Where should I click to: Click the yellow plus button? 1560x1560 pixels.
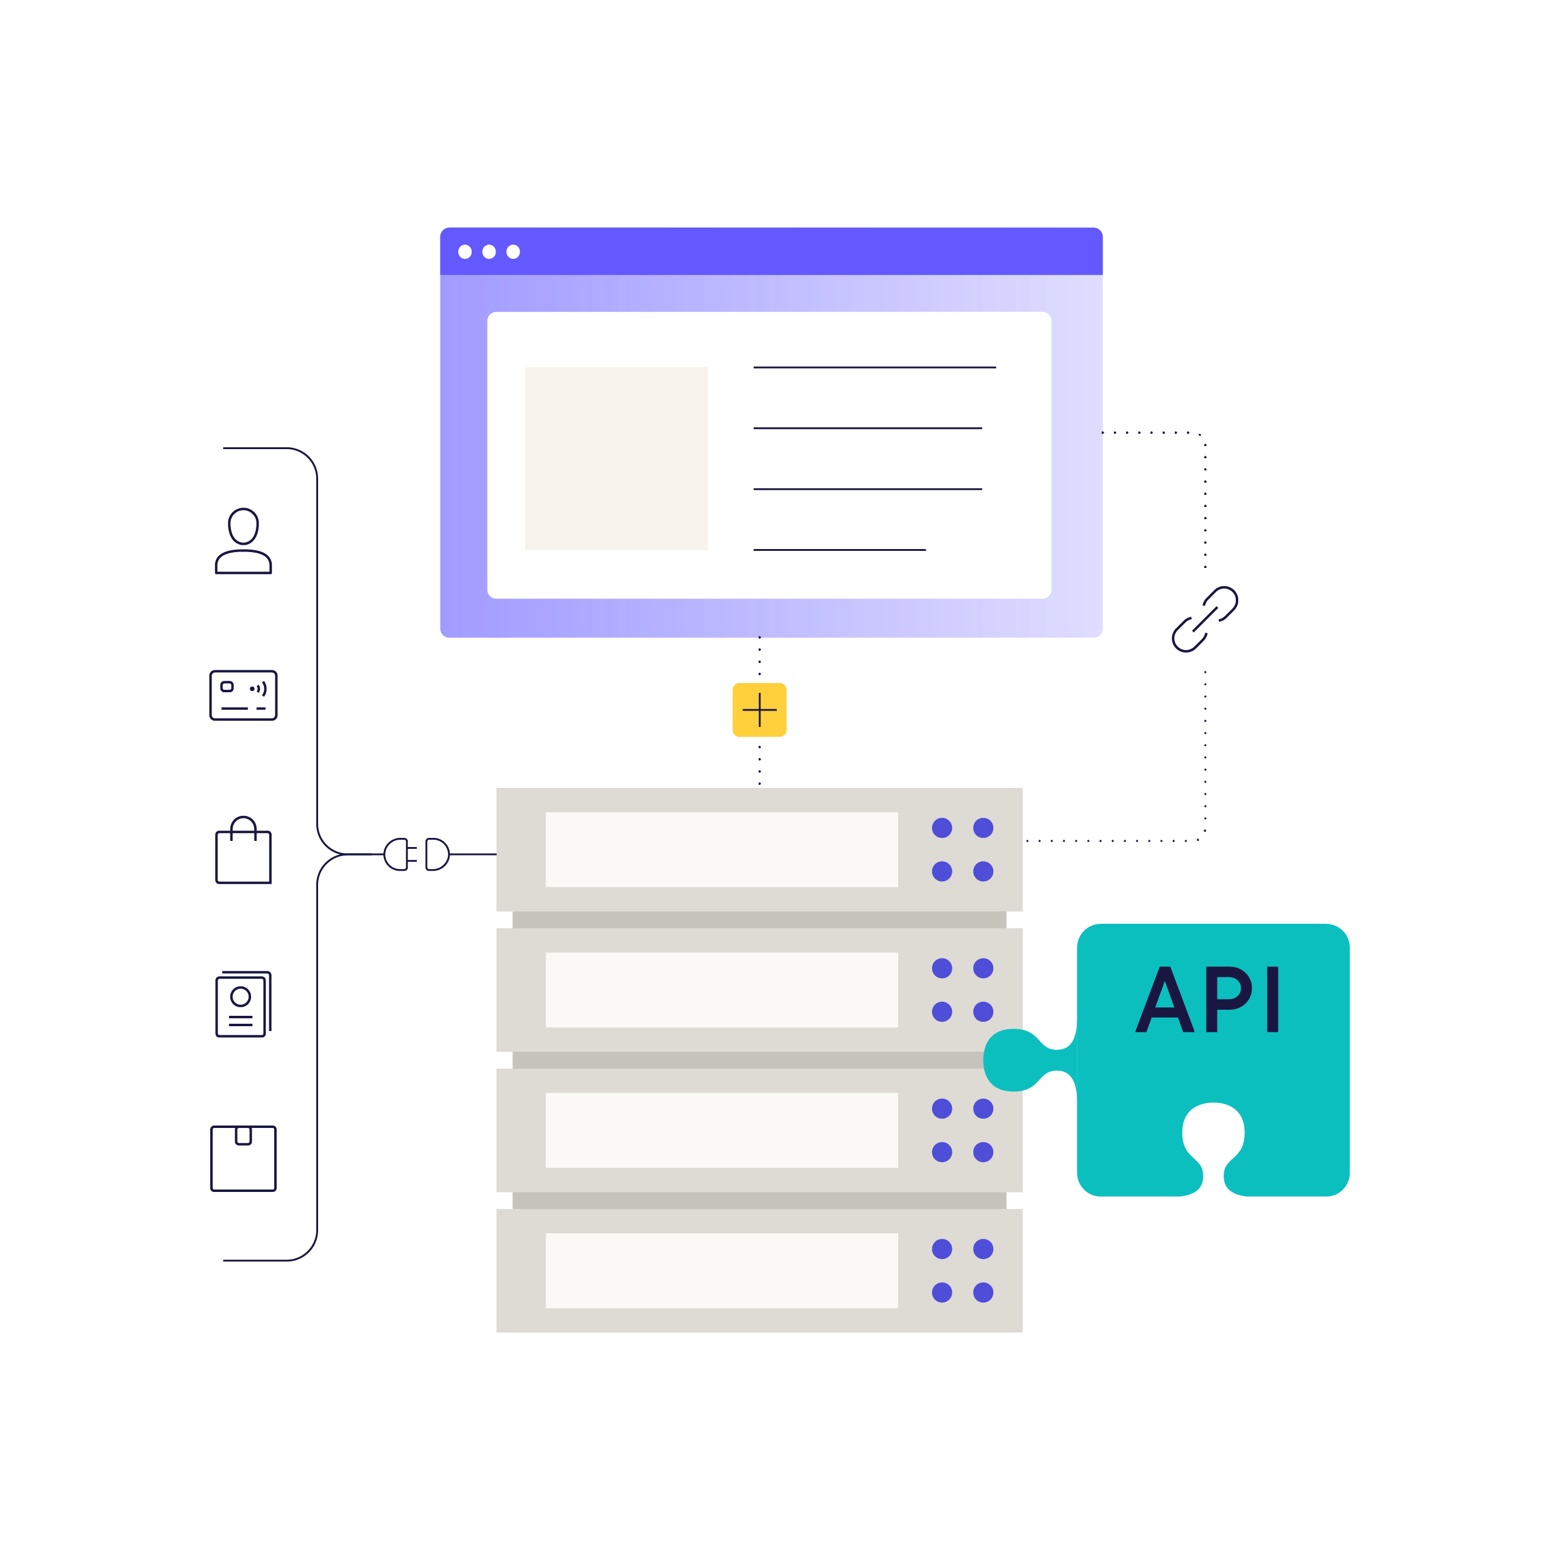(x=759, y=710)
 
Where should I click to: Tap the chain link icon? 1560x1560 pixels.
(x=1204, y=619)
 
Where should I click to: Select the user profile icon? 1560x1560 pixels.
(x=243, y=541)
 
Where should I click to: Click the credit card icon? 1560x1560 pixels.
(x=243, y=695)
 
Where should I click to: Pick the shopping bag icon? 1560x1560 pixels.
(x=243, y=851)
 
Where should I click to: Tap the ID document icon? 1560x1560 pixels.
(x=243, y=1004)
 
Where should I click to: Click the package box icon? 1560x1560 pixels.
(x=243, y=1158)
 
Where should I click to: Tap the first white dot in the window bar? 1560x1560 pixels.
(x=465, y=252)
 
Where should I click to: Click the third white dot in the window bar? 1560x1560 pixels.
(x=512, y=252)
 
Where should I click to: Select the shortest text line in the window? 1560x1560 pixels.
(x=839, y=550)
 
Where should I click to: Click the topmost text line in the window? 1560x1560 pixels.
(x=874, y=367)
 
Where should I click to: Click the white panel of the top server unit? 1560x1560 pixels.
(x=721, y=849)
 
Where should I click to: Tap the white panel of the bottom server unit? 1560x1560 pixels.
(x=721, y=1270)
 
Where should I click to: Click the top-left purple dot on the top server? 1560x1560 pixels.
(x=941, y=828)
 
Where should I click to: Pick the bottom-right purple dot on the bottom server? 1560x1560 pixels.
(x=983, y=1292)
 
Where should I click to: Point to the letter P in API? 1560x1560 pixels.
(x=1230, y=1001)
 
